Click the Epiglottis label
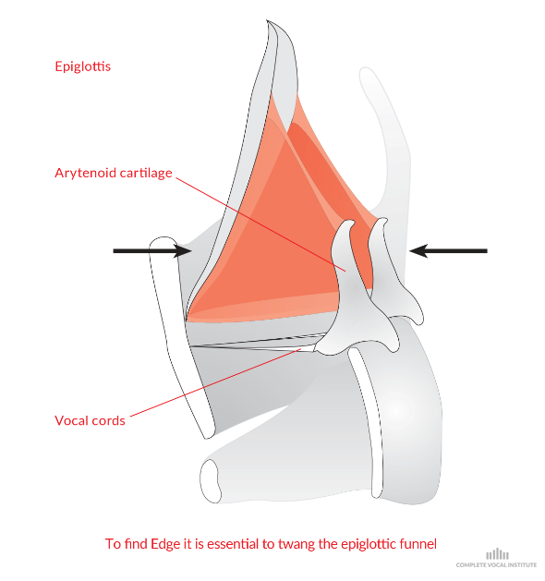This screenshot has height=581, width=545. (82, 67)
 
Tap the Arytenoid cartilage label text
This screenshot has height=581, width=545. (114, 173)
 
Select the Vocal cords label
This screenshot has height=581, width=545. (90, 420)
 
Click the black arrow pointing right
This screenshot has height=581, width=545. (152, 251)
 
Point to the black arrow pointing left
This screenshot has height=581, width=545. (448, 251)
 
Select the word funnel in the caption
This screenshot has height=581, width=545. (418, 544)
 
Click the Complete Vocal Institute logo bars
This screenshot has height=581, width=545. (497, 554)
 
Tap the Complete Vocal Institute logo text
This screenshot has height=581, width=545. (496, 565)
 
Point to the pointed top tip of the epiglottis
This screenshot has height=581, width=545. (267, 20)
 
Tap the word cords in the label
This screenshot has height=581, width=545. (109, 420)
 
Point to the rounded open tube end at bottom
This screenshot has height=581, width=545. (211, 481)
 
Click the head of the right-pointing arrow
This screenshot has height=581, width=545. (183, 251)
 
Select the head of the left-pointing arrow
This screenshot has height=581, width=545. (418, 251)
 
